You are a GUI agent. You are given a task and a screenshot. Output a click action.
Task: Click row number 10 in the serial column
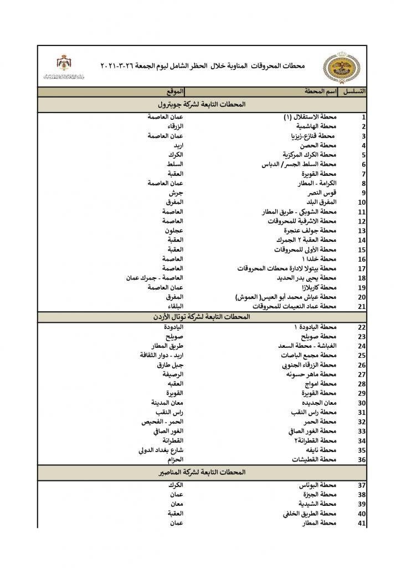pos(362,202)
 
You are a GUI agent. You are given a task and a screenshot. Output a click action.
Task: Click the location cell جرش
pos(176,192)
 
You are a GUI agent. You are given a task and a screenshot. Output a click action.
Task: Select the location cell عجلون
pos(173,230)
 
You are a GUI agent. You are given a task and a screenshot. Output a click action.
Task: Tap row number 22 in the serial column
pos(362,327)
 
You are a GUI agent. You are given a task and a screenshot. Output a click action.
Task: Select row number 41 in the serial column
pos(362,523)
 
